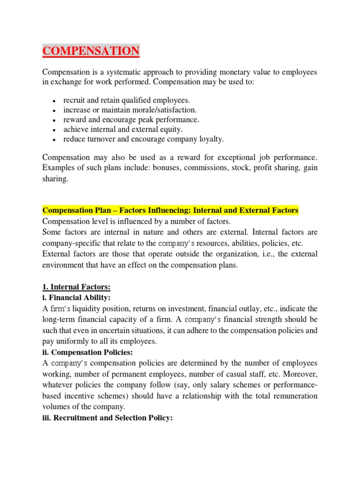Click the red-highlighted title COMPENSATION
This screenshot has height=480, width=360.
(x=91, y=50)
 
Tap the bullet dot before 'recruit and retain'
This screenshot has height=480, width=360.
(x=55, y=101)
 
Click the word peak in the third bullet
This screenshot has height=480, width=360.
(x=144, y=120)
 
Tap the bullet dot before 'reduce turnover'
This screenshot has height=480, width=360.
(x=55, y=140)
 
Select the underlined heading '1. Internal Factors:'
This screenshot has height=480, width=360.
(x=76, y=287)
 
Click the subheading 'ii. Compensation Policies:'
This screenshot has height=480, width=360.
(x=88, y=352)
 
